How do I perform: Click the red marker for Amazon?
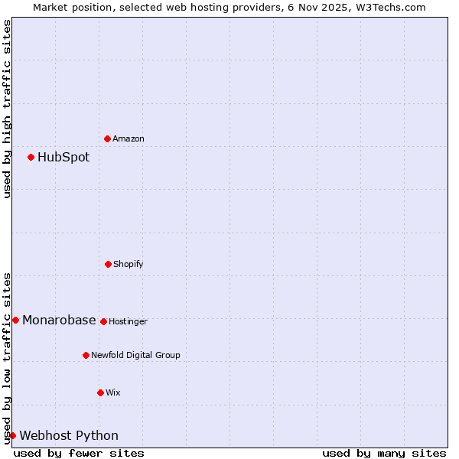pyautogui.click(x=108, y=138)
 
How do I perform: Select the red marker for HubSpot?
pyautogui.click(x=31, y=158)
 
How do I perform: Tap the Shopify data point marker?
pyautogui.click(x=108, y=264)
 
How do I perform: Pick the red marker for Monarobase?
pyautogui.click(x=15, y=320)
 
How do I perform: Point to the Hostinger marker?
pyautogui.click(x=103, y=321)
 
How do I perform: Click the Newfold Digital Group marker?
pyautogui.click(x=86, y=355)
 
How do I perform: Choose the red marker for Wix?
pyautogui.click(x=100, y=392)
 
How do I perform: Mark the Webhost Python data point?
pyautogui.click(x=12, y=435)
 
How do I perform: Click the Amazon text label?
pyautogui.click(x=129, y=138)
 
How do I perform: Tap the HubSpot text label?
pyautogui.click(x=63, y=158)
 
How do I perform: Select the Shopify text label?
pyautogui.click(x=129, y=264)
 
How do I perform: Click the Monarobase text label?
pyautogui.click(x=59, y=320)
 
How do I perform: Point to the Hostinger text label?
pyautogui.click(x=128, y=321)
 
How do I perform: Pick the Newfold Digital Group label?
pyautogui.click(x=135, y=355)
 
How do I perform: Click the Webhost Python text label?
pyautogui.click(x=69, y=435)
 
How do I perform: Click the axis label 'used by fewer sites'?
pyautogui.click(x=79, y=453)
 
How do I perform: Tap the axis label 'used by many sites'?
pyautogui.click(x=384, y=453)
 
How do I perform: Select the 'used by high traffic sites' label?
pyautogui.click(x=7, y=109)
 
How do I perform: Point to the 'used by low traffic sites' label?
pyautogui.click(x=7, y=358)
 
